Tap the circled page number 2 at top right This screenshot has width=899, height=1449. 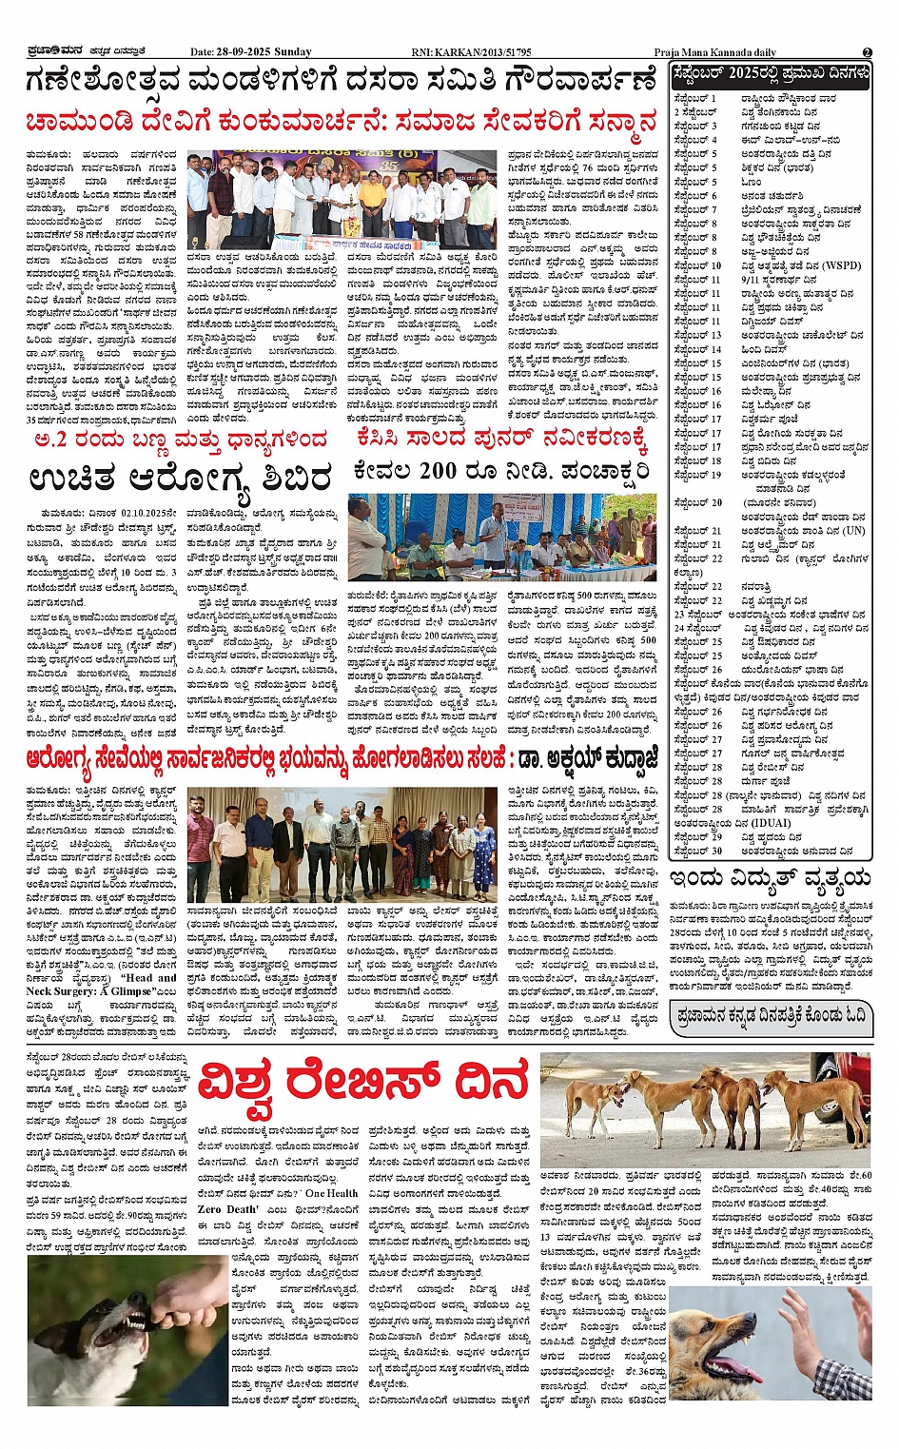867,52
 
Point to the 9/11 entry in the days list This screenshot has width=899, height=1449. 752,280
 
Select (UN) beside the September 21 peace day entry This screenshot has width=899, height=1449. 853,531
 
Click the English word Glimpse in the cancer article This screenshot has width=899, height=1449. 127,991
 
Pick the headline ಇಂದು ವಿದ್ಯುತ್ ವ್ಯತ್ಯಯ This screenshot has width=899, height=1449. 771,878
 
